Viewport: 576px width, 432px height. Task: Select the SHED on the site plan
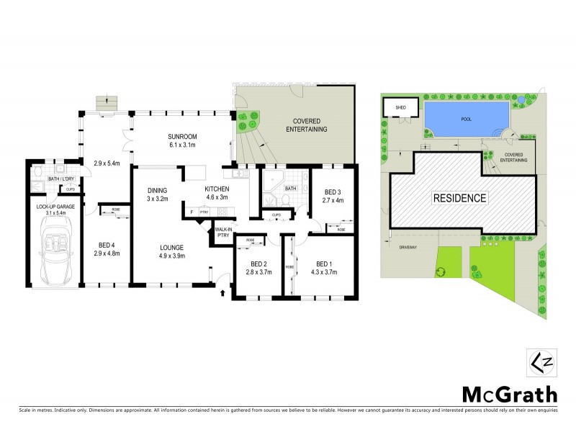[x=398, y=107]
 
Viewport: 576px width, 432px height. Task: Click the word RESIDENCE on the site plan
[x=459, y=198]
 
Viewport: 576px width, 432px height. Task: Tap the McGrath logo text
[x=509, y=394]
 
